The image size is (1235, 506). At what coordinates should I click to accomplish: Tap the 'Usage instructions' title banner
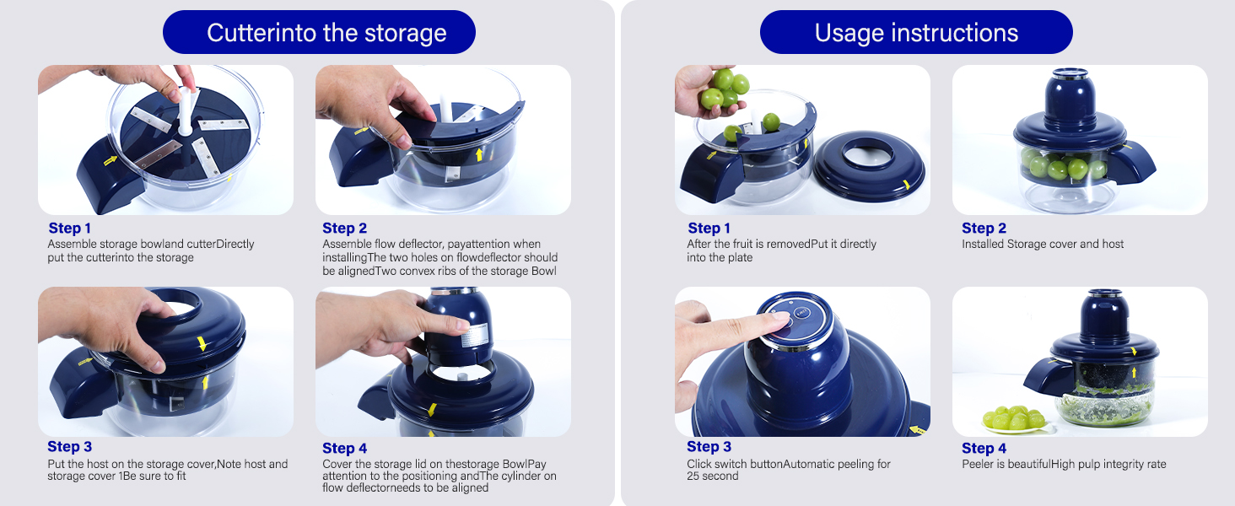916,33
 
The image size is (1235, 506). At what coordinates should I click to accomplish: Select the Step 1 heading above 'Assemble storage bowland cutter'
70,228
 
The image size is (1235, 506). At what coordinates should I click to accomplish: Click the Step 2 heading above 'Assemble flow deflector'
344,228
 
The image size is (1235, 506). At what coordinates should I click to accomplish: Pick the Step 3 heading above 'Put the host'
70,447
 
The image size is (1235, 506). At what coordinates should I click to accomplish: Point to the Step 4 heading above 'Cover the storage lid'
344,448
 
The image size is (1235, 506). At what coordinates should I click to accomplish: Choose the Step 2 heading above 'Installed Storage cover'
984,228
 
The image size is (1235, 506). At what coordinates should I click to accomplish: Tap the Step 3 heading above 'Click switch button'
709,447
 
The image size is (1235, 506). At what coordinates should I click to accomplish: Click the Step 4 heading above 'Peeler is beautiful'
984,448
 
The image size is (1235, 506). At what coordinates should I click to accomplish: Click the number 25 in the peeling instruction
694,476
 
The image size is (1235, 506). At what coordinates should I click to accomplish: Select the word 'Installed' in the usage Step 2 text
983,245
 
